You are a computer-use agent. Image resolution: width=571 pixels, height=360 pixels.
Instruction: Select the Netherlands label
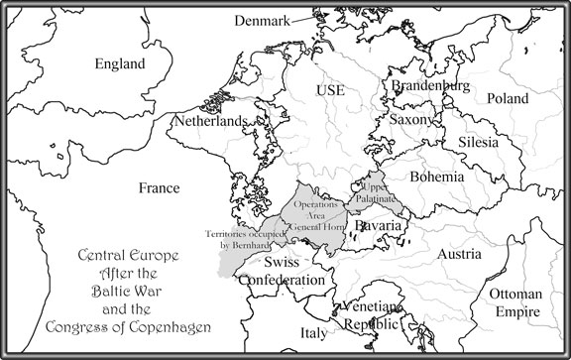pos(209,121)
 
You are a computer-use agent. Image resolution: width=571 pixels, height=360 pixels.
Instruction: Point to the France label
pos(159,187)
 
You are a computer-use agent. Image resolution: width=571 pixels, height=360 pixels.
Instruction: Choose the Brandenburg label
pos(432,87)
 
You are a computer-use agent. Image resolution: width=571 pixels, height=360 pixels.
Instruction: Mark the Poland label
pos(508,99)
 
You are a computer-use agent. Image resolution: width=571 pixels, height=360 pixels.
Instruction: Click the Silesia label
pos(482,143)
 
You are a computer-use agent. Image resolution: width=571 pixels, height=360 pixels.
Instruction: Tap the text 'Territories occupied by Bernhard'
pos(246,237)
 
